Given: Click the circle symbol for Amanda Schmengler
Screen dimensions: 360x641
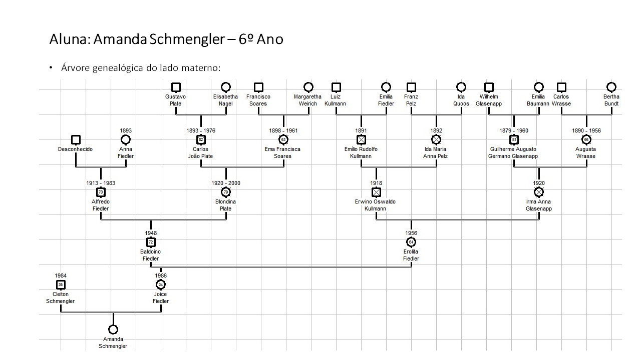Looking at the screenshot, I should tap(113, 329).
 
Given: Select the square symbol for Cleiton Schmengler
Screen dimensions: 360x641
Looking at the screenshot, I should tap(61, 284).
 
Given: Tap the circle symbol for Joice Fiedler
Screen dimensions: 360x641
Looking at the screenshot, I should tap(161, 284).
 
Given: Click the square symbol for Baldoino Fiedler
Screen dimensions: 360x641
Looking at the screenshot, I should tap(151, 242).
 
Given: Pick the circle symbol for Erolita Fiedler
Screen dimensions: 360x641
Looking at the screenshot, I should tap(411, 242).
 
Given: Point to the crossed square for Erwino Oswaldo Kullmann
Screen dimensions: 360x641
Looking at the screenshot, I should tap(376, 192).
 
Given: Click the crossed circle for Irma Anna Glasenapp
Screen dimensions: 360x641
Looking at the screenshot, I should tap(539, 192).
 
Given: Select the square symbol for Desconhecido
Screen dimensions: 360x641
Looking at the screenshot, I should tap(76, 139).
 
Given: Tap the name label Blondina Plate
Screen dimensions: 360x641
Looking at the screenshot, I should tap(226, 205).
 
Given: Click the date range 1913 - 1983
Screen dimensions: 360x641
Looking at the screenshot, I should tap(101, 183).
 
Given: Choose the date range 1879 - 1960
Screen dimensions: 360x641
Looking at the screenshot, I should tap(514, 130).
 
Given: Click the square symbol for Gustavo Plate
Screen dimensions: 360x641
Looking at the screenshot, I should tap(176, 87).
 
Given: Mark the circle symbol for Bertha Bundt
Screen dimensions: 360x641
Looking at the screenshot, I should tap(611, 87).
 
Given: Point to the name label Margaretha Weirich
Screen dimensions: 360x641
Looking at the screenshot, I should tap(308, 100).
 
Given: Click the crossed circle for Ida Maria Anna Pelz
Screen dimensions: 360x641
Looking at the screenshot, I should tap(436, 139).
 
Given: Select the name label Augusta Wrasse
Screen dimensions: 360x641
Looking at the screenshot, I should tap(586, 152).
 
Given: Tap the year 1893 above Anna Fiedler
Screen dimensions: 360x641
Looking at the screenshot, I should tap(126, 130).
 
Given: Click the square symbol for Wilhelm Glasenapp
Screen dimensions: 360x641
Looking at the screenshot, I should tap(489, 87).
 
